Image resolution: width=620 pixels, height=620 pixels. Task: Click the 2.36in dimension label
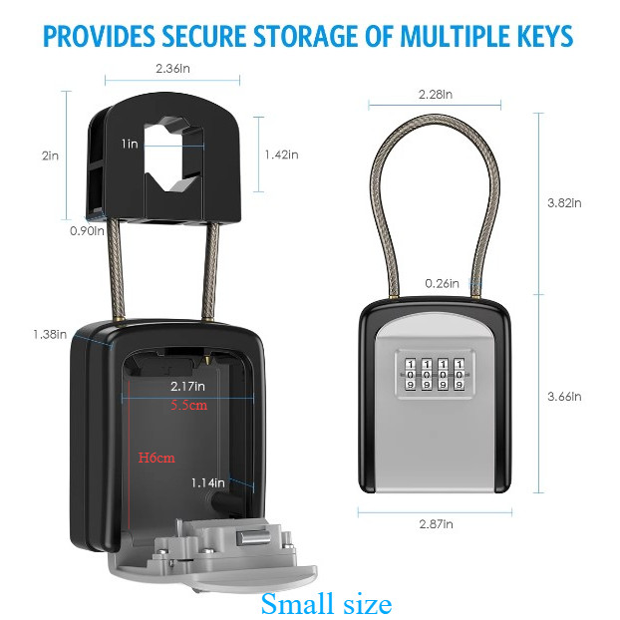(x=173, y=69)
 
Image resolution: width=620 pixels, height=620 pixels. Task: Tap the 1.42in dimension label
(x=282, y=155)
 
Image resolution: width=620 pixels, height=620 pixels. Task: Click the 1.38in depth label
(x=48, y=334)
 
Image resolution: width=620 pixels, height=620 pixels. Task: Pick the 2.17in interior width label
(x=187, y=386)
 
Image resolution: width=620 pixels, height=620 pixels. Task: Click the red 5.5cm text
(x=188, y=405)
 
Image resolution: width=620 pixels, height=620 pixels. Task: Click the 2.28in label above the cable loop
(x=436, y=95)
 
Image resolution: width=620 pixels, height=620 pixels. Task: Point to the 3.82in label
(x=564, y=202)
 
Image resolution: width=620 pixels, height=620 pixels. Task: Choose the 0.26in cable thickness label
(x=441, y=283)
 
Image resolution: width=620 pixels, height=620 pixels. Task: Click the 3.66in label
(x=564, y=396)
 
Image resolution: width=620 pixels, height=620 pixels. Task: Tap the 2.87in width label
(x=435, y=524)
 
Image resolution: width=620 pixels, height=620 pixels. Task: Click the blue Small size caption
(x=326, y=603)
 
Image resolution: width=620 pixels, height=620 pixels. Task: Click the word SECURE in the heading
(x=213, y=37)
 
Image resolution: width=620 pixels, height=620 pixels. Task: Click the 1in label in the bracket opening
(x=131, y=144)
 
